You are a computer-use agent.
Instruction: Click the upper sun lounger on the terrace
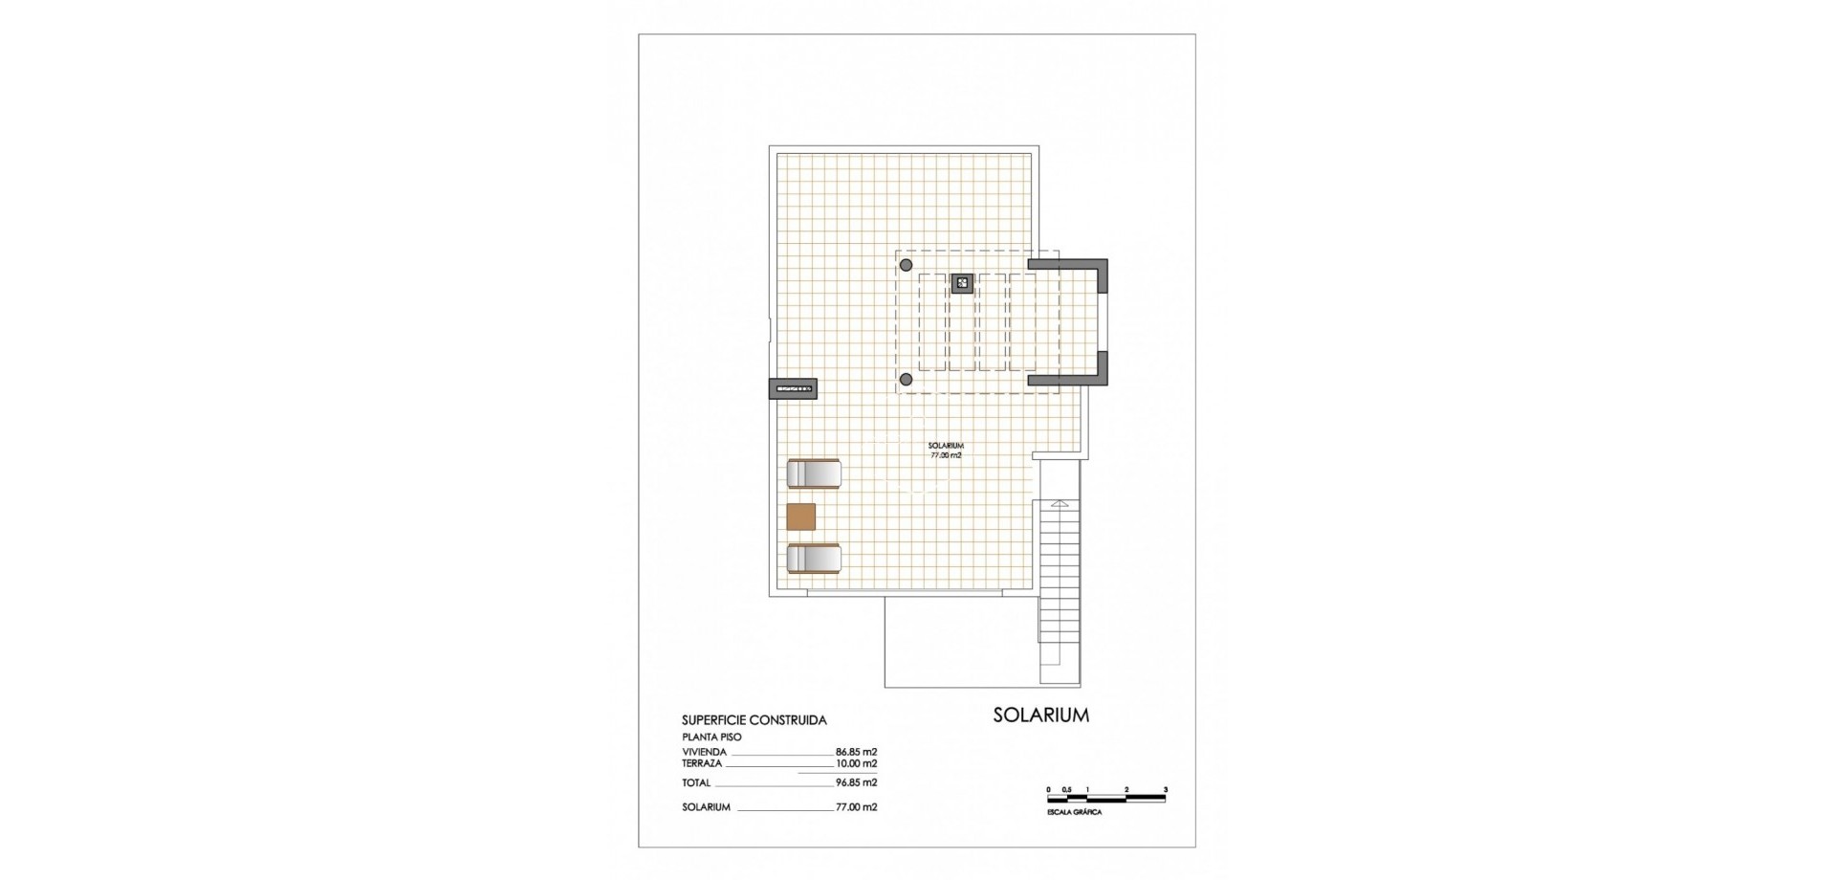click(814, 473)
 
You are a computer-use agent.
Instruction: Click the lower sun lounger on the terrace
click(814, 559)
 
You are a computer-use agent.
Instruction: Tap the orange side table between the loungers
click(801, 517)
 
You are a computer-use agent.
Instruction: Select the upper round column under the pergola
click(907, 265)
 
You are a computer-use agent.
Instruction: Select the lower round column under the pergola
click(907, 380)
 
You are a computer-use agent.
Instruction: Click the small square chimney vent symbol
click(962, 283)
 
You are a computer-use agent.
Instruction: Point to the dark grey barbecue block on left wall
click(793, 389)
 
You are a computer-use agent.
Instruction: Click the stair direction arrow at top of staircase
click(1059, 503)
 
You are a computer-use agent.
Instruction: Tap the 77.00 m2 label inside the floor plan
click(946, 456)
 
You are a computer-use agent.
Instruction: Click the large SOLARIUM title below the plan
click(1040, 715)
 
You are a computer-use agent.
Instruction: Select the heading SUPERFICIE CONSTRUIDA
click(754, 720)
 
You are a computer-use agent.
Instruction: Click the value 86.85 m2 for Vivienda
click(856, 752)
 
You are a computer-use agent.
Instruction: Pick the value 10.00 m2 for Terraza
click(856, 763)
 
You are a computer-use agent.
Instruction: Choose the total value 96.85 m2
click(856, 782)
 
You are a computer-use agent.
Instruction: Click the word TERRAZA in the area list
click(702, 763)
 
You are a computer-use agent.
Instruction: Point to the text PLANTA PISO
click(711, 737)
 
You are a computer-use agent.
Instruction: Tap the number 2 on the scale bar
click(1126, 789)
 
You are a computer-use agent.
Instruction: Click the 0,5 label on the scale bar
click(1067, 789)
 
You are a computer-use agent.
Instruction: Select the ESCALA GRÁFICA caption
click(1075, 812)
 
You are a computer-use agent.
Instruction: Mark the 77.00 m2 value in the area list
click(856, 807)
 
